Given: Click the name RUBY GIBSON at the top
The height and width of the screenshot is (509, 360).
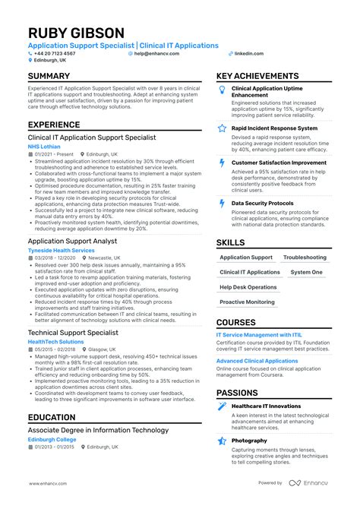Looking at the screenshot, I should [x=76, y=33].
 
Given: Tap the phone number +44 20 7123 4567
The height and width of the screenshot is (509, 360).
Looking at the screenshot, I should [x=55, y=54].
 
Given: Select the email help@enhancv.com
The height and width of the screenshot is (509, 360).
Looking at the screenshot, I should [x=157, y=54].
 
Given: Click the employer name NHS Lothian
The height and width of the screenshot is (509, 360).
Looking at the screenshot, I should [x=45, y=147].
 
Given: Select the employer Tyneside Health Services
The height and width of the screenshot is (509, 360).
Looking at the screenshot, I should [x=62, y=250].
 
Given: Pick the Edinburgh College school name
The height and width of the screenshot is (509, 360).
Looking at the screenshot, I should [x=52, y=438].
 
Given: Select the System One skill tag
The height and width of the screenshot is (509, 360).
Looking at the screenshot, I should [x=306, y=272].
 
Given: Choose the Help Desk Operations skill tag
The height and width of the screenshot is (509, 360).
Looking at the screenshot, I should [x=248, y=287].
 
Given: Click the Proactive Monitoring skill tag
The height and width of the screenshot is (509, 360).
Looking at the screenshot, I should [x=248, y=302].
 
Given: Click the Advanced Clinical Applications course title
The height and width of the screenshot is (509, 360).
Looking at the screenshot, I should [x=257, y=361].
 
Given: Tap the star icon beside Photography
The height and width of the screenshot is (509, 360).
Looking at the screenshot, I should [x=222, y=441].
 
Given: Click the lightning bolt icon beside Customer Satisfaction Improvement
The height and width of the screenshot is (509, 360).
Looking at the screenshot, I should [x=222, y=163].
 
